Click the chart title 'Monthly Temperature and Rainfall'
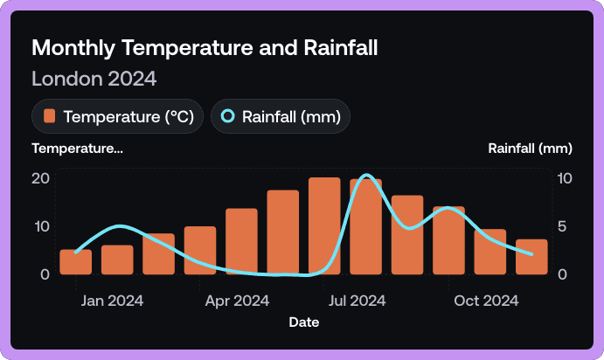click(205, 48)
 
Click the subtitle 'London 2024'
click(94, 79)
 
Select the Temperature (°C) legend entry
click(118, 116)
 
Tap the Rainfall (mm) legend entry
click(281, 116)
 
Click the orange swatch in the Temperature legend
click(50, 116)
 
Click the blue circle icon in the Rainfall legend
click(228, 116)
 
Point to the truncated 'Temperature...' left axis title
click(77, 148)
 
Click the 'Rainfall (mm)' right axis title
click(530, 148)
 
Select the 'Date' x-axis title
click(303, 322)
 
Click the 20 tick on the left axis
click(40, 178)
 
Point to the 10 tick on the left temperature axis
click(40, 226)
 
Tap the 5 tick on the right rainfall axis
click(563, 226)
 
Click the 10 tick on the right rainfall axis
click(565, 178)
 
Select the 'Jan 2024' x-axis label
click(113, 301)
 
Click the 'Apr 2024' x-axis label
click(238, 301)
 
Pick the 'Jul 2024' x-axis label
click(357, 301)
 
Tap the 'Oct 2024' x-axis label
click(487, 301)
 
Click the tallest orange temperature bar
click(324, 226)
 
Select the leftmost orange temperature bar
click(75, 262)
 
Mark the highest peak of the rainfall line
click(367, 176)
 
